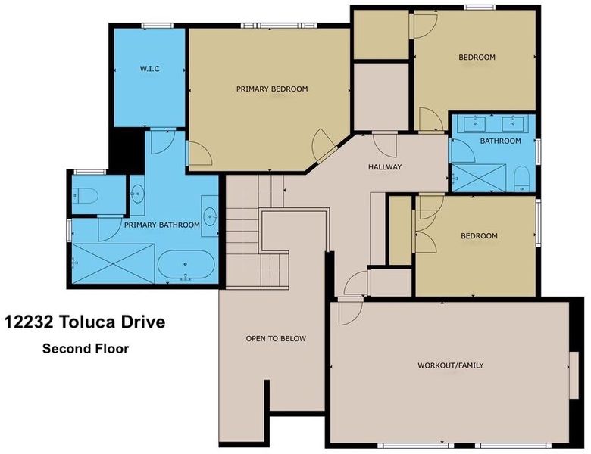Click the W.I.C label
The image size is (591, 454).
click(x=149, y=69)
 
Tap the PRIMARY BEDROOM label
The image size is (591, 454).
click(x=272, y=89)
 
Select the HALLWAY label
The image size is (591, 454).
click(x=385, y=166)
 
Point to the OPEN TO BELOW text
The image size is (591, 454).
click(x=276, y=338)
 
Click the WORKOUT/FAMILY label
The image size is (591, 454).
click(x=450, y=365)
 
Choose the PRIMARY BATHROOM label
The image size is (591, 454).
click(x=162, y=225)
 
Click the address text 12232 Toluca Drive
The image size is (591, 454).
click(x=84, y=322)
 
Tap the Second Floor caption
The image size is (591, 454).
click(x=86, y=349)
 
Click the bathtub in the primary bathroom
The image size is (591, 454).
click(x=186, y=265)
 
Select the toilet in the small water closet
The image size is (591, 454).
click(x=85, y=196)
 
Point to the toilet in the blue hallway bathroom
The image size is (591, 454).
click(x=522, y=178)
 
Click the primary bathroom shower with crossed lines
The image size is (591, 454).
click(x=113, y=263)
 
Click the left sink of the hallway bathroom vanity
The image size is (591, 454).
click(x=474, y=123)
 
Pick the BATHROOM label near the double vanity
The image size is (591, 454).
click(x=501, y=141)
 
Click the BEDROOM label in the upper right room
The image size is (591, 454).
click(x=477, y=58)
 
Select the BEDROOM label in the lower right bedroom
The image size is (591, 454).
click(x=479, y=235)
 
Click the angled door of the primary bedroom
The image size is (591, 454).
click(x=324, y=146)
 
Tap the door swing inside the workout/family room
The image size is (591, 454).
click(x=350, y=313)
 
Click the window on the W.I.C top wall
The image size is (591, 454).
click(x=157, y=26)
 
